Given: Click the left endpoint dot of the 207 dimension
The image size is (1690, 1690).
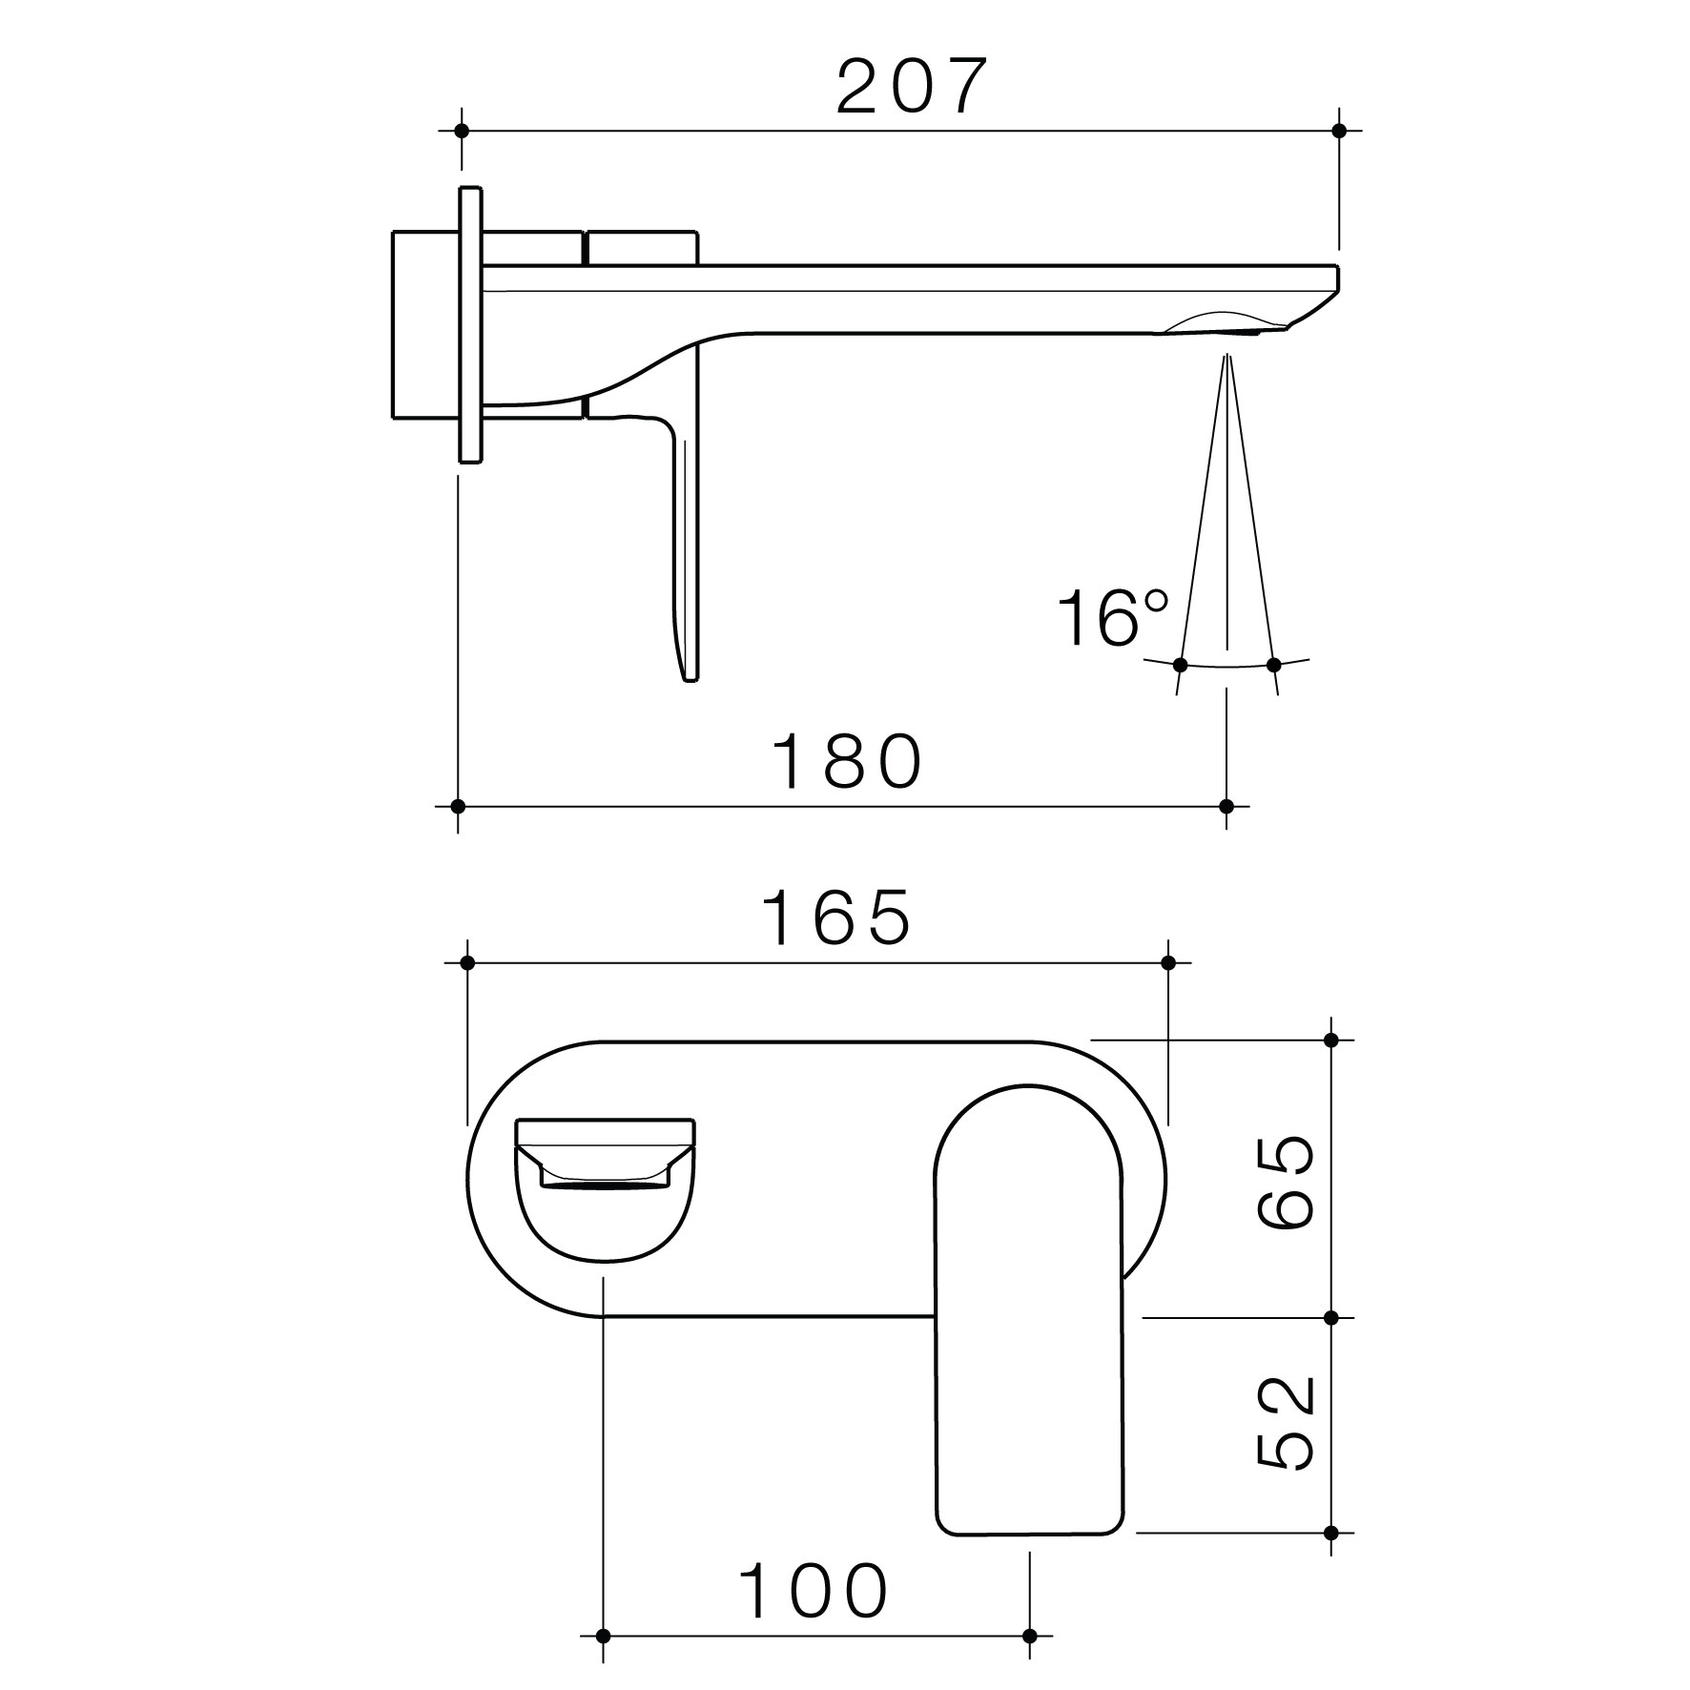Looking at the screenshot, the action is (x=462, y=130).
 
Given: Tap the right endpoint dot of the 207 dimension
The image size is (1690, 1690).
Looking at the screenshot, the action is (x=1338, y=130).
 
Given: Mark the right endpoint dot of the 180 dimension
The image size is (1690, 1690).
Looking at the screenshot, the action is (x=1226, y=806).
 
